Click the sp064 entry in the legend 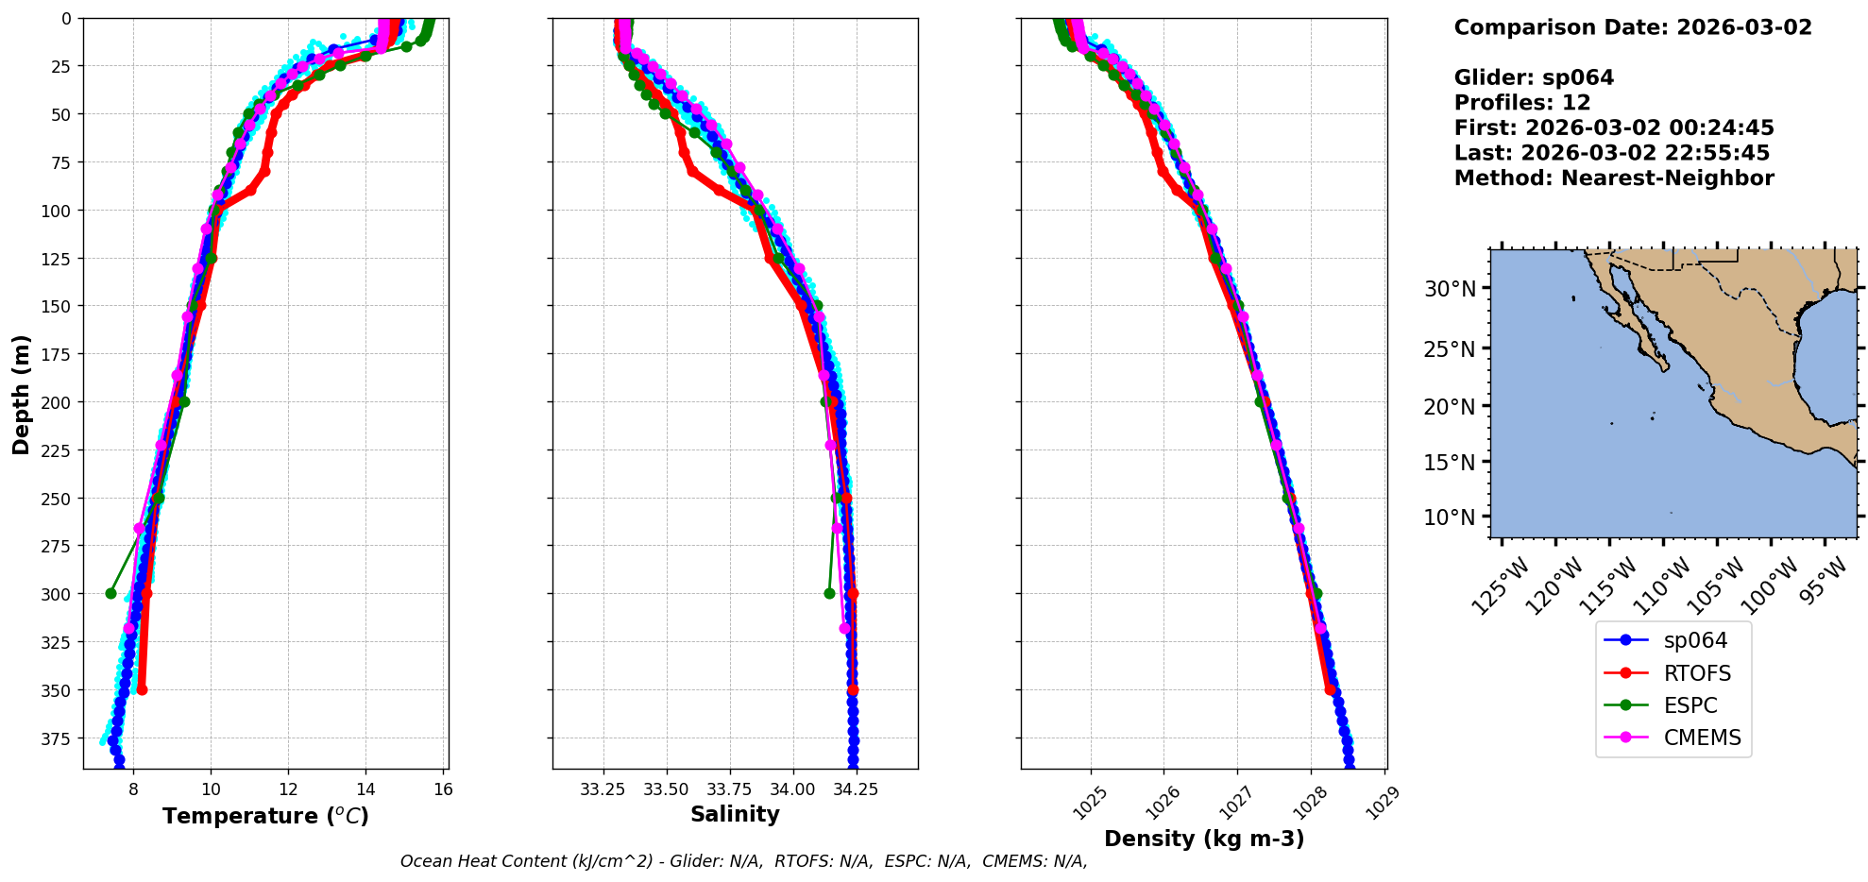coord(1694,640)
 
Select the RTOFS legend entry coord(1696,673)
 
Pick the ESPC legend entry coord(1690,705)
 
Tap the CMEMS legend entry coord(1701,738)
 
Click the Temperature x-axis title coord(265,816)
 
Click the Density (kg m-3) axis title coord(1204,839)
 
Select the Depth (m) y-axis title coord(22,394)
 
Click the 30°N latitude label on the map coord(1449,289)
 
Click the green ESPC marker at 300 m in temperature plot coord(110,594)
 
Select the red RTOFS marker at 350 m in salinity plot coord(853,690)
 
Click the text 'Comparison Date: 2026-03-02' coord(1633,27)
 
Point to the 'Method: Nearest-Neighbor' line coord(1613,178)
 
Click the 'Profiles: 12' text coord(1521,103)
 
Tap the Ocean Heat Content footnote coord(743,861)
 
